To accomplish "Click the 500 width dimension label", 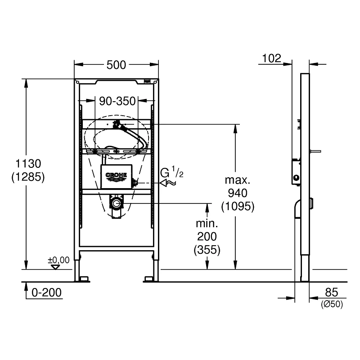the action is click(116, 65).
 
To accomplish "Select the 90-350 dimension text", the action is click(117, 101).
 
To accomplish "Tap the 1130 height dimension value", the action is click(28, 164).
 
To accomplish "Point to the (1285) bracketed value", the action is click(28, 177).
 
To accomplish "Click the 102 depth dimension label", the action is click(272, 58).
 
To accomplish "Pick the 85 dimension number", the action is click(332, 292).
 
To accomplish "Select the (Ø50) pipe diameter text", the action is click(332, 304).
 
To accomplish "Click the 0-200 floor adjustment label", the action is click(47, 293).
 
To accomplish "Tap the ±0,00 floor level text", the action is click(58, 260).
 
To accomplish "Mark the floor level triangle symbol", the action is click(55, 267).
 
